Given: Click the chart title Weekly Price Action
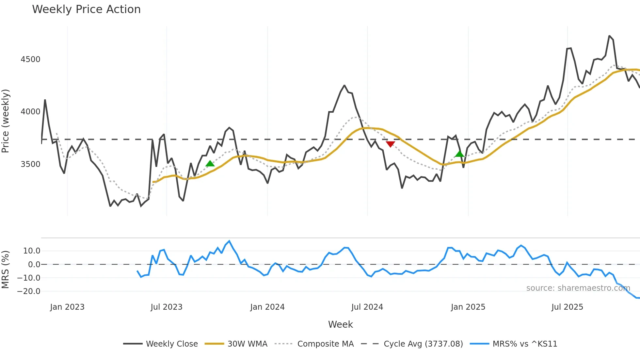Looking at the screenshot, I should [x=86, y=9].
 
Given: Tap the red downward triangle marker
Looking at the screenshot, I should [x=390, y=144].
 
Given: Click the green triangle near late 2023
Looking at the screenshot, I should [x=210, y=163].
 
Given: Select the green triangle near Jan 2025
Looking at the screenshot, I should [x=459, y=154].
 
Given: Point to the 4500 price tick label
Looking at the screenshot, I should [x=30, y=59].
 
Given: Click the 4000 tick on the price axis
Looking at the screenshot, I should [x=30, y=112].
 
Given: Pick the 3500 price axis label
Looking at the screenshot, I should [x=30, y=164].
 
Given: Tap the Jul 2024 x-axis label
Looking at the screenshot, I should [x=367, y=307].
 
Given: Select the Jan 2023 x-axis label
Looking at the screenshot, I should [x=67, y=307].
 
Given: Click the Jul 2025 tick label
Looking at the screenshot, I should [x=567, y=307].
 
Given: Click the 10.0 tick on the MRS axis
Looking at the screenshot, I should [x=32, y=251].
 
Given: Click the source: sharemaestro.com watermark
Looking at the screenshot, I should [x=578, y=288].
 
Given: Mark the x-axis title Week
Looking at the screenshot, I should [x=340, y=324].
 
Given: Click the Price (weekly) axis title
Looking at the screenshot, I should [x=6, y=121].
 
